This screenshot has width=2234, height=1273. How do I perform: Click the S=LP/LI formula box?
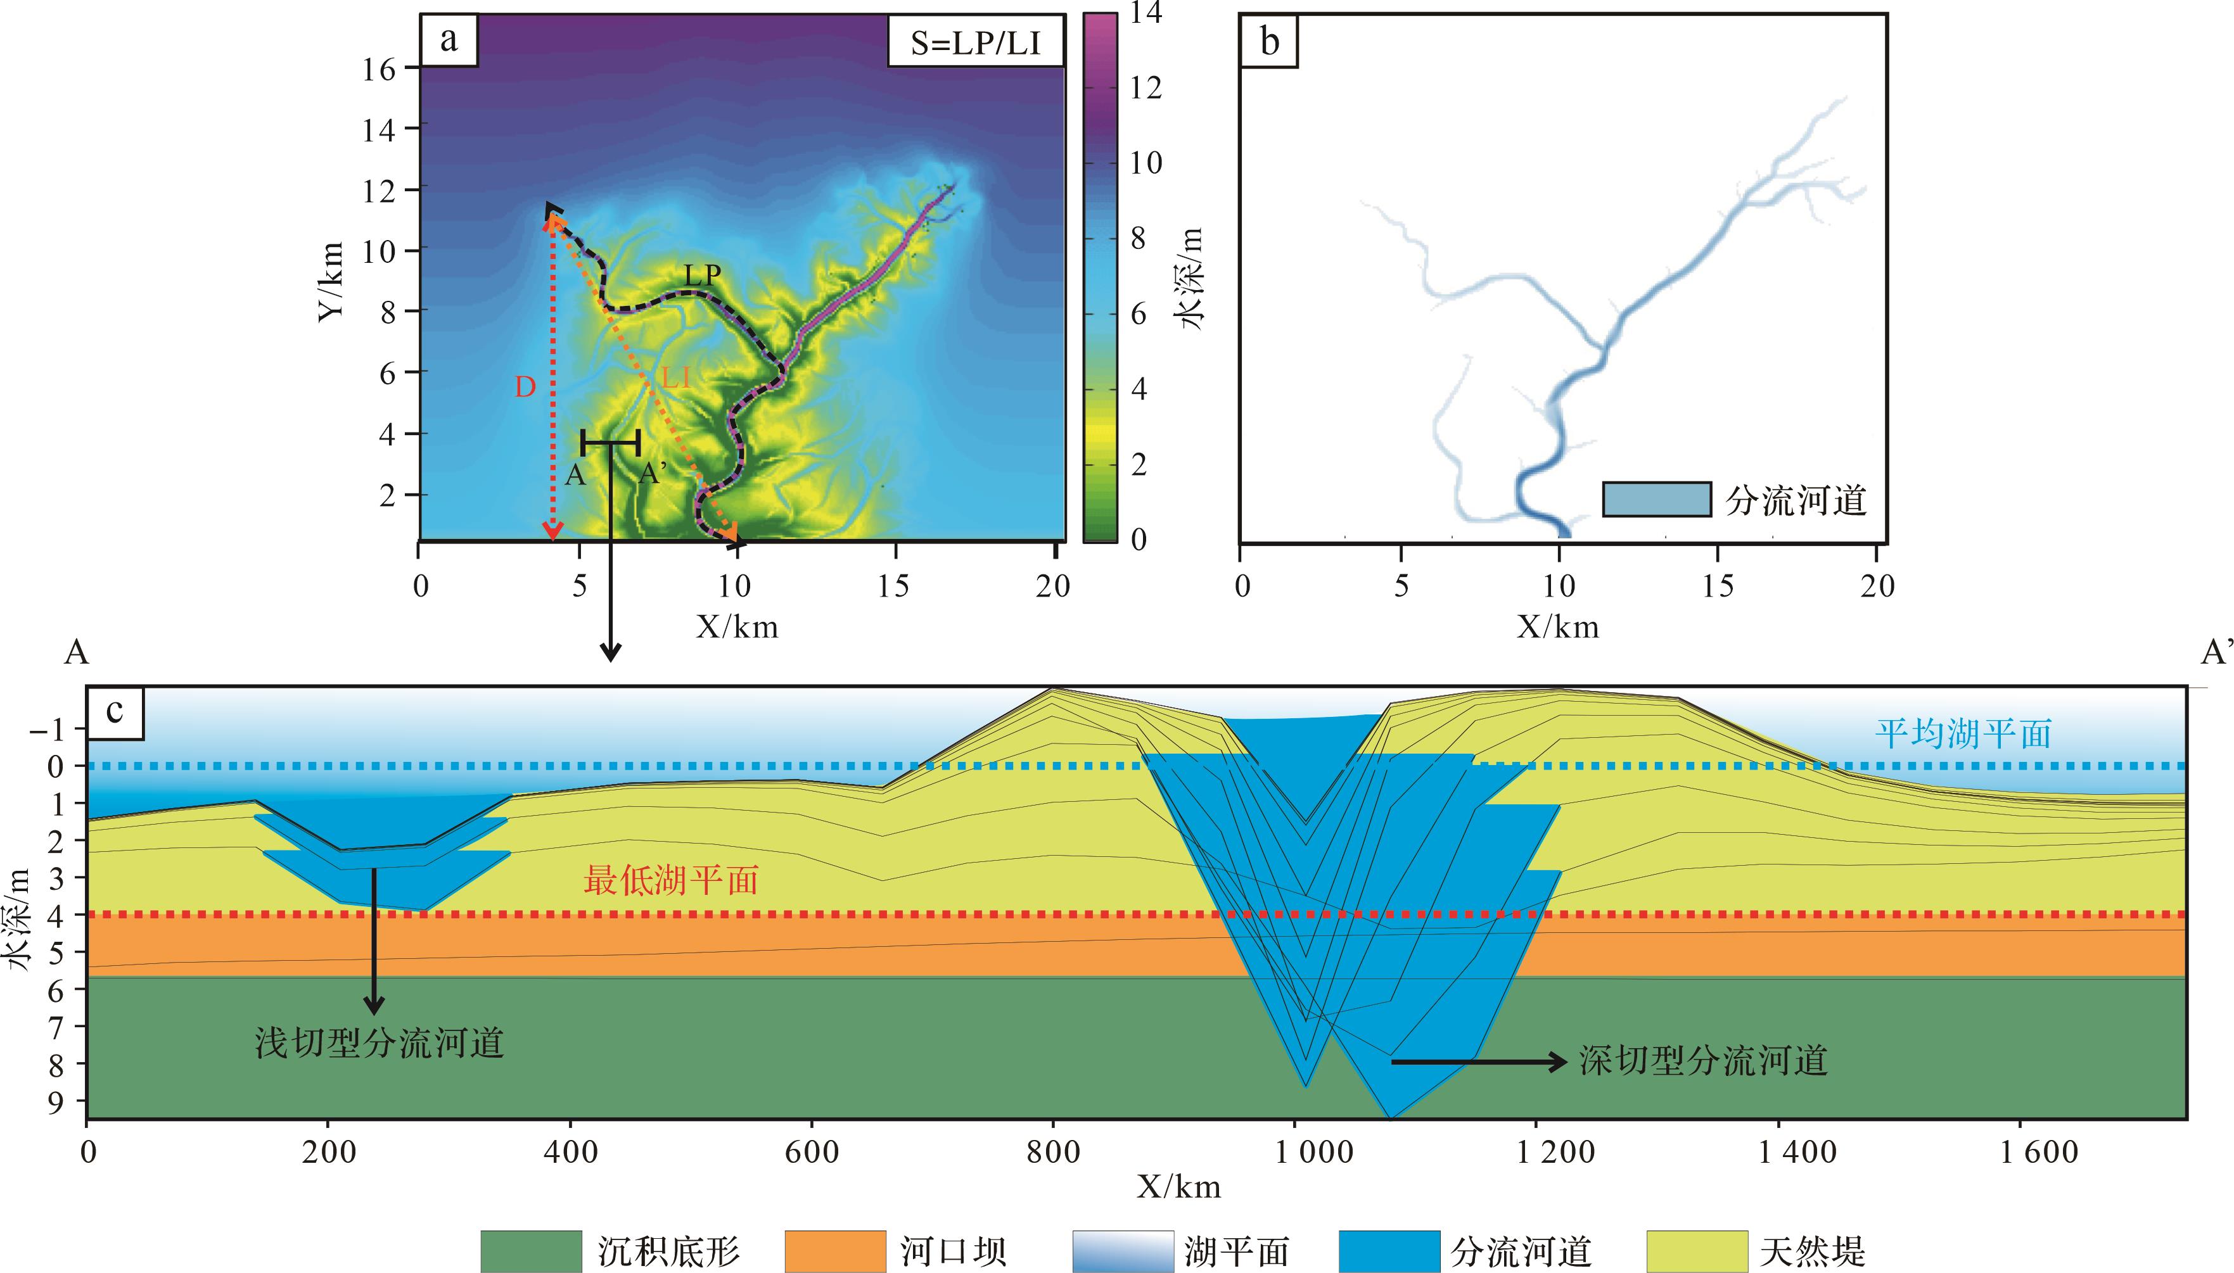(975, 42)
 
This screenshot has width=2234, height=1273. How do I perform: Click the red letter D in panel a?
(525, 386)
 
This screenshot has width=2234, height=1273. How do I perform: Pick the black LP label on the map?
(702, 275)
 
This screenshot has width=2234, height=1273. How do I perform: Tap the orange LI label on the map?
(676, 377)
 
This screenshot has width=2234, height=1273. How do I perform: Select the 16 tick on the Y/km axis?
(379, 69)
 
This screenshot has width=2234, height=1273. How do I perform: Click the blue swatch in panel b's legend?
(1656, 499)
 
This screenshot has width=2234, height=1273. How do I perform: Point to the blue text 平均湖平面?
(1963, 733)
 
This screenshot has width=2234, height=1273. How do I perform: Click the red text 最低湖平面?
(670, 880)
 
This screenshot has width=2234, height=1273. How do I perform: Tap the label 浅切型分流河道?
(380, 1042)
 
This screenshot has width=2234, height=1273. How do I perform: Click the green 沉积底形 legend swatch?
(531, 1251)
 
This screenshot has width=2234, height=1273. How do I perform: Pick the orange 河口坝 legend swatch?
(835, 1251)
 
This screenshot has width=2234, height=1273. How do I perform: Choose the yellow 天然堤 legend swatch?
(1696, 1251)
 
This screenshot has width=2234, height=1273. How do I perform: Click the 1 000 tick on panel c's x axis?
(1314, 1151)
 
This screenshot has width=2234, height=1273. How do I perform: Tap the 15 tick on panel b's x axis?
(1717, 585)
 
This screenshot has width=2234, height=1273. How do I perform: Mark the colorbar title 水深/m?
(1192, 278)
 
